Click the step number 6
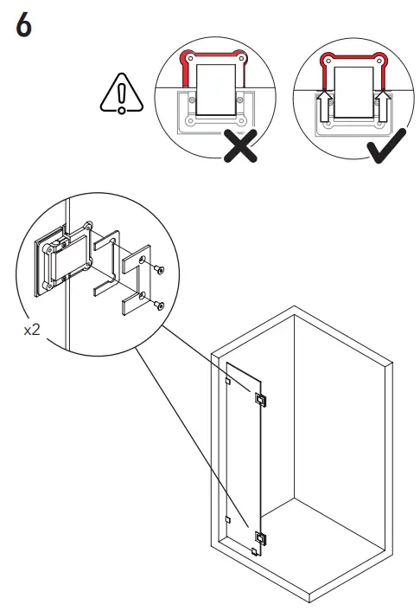point(24,26)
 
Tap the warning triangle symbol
point(122,95)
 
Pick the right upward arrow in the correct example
point(381,108)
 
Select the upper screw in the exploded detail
point(158,271)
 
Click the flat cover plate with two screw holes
point(133,280)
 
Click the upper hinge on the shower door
point(260,398)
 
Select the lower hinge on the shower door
point(260,538)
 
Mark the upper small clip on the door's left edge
point(226,380)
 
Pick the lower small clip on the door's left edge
point(226,519)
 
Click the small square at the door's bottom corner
point(255,551)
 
